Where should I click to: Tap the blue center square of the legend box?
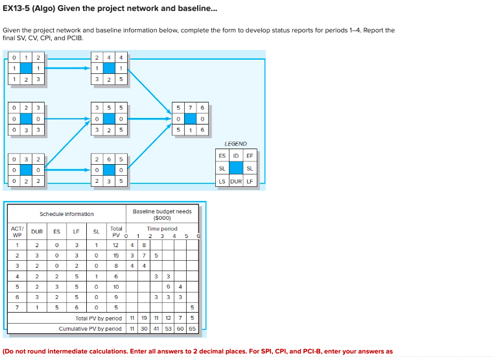point(236,169)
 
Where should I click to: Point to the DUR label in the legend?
point(236,181)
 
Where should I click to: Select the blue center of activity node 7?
point(189,119)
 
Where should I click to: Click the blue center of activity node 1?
point(26,68)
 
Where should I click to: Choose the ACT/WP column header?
point(18,232)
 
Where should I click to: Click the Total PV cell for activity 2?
point(116,256)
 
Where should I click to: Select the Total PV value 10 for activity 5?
point(116,286)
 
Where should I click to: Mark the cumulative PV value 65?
point(192,329)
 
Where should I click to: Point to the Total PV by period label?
point(99,318)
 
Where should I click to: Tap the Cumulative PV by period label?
point(90,329)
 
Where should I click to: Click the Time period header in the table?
point(161,228)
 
